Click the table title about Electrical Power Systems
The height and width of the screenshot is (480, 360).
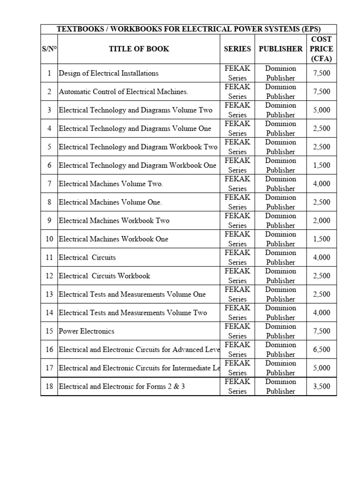(188, 29)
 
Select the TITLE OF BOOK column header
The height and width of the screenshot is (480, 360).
(139, 49)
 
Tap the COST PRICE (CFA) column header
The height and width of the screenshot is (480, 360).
(322, 49)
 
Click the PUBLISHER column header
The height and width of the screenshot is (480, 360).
(280, 49)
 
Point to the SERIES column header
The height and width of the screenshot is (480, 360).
(237, 49)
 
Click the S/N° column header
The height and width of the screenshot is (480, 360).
(49, 49)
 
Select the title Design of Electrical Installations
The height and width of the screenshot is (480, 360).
(109, 73)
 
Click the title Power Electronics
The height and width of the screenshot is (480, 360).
(87, 331)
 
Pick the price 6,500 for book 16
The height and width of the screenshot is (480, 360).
(322, 349)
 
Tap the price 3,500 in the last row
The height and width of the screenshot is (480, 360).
(322, 386)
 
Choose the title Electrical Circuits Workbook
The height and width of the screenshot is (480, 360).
(105, 276)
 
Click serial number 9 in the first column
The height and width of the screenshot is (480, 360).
(49, 220)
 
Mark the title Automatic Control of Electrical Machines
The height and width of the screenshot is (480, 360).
(124, 92)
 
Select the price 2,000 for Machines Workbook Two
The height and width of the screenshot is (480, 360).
(322, 220)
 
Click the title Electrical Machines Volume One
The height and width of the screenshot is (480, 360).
(110, 202)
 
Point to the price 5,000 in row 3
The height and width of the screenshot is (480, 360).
(322, 110)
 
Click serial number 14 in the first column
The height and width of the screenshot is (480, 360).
(49, 313)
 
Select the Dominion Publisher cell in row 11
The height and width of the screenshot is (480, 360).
(280, 257)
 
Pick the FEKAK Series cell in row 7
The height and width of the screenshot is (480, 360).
(237, 184)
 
